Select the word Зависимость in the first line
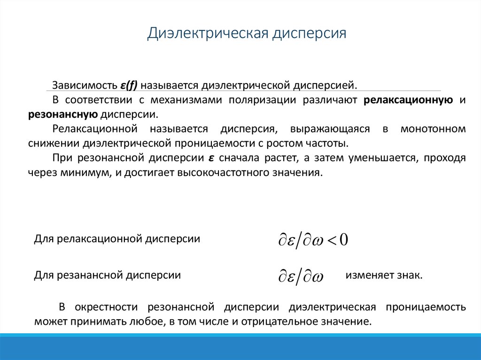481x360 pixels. (x=82, y=86)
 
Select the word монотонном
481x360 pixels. (x=433, y=129)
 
